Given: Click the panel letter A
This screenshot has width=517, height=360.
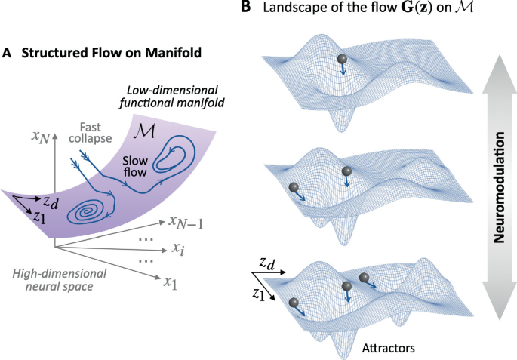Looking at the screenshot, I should [x=7, y=54].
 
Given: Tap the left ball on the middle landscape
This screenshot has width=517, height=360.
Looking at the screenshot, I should [x=291, y=187].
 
